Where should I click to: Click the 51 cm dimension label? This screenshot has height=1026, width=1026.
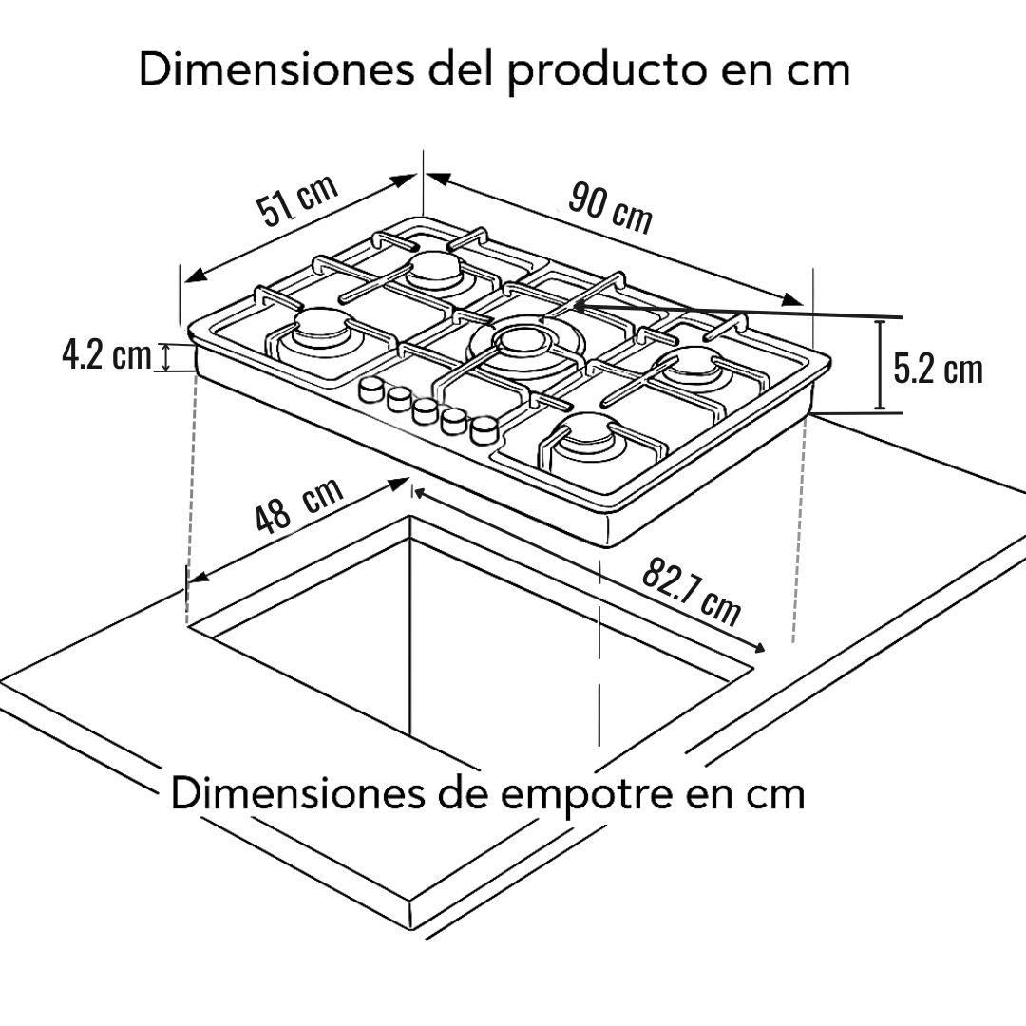(x=297, y=199)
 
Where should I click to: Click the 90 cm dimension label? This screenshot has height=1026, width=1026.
(x=610, y=207)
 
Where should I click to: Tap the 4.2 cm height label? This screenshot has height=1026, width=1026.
(x=106, y=355)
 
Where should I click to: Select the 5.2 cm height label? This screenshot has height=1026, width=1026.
(x=938, y=369)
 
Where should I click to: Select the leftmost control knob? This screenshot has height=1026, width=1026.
(x=372, y=389)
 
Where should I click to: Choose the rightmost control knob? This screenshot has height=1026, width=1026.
(x=484, y=430)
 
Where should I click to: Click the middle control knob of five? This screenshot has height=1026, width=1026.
(x=426, y=409)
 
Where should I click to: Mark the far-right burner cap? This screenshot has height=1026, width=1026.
(x=691, y=366)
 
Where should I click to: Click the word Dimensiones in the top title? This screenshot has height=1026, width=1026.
(x=276, y=69)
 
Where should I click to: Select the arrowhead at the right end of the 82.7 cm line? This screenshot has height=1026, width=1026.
(x=758, y=647)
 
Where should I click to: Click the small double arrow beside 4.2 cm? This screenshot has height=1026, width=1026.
(x=166, y=358)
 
